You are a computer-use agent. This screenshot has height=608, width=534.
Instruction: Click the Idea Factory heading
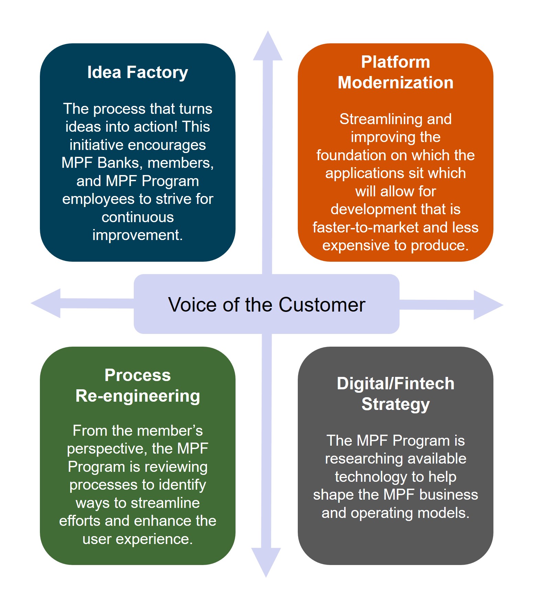pos(138,73)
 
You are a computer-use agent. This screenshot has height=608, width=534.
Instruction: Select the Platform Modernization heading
pos(395,73)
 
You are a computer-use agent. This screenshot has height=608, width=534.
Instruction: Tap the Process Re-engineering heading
pos(138,386)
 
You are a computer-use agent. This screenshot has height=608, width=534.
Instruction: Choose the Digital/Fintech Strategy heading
pos(395,394)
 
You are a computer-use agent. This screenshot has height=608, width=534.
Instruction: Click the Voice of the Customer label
pos(266,305)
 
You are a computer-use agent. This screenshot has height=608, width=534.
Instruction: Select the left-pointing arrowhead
pos(47,303)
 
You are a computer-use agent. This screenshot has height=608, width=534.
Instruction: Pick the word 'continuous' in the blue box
pos(138,217)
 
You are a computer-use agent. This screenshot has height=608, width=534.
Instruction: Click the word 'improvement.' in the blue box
pos(138,235)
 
